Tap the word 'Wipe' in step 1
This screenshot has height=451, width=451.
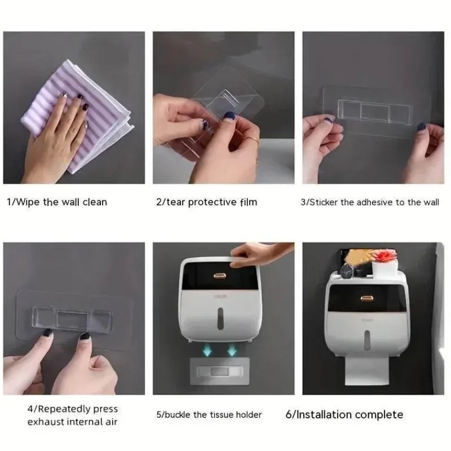pyautogui.click(x=28, y=202)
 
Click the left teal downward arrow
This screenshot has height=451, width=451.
pyautogui.click(x=207, y=350)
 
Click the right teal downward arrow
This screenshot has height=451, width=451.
pyautogui.click(x=232, y=350)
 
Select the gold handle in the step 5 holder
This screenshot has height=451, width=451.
pyautogui.click(x=220, y=276)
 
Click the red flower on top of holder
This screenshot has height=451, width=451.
pyautogui.click(x=384, y=255)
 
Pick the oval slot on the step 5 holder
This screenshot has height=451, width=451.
pyautogui.click(x=220, y=319)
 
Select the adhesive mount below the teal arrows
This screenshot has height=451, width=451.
pyautogui.click(x=220, y=372)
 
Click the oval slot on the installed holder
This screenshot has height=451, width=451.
pyautogui.click(x=367, y=341)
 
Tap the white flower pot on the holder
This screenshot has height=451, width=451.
pyautogui.click(x=384, y=266)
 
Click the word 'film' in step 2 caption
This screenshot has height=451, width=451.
pyautogui.click(x=249, y=202)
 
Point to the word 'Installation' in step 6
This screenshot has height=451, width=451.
pyautogui.click(x=324, y=415)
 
